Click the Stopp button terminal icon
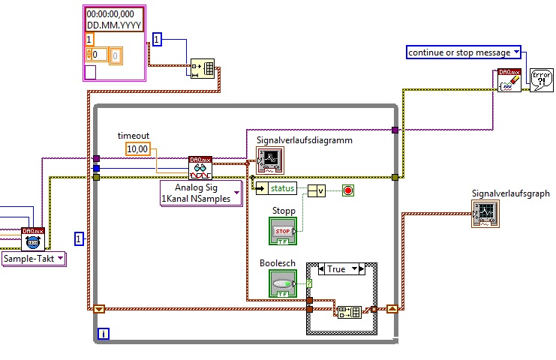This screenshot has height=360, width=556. click(x=283, y=230)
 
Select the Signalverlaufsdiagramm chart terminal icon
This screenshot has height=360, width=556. click(x=269, y=159)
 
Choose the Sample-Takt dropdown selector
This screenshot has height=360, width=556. click(x=34, y=258)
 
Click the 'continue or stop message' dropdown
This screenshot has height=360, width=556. click(x=464, y=52)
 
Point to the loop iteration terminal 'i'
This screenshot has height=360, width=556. click(x=104, y=332)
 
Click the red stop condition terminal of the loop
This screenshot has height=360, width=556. click(x=347, y=190)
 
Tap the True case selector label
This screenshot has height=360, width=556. click(x=337, y=268)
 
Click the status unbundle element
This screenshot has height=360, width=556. click(x=276, y=187)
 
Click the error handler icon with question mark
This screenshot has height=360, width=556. click(x=540, y=80)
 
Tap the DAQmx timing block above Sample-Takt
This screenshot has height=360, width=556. click(x=33, y=238)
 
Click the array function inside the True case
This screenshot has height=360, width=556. click(x=349, y=311)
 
